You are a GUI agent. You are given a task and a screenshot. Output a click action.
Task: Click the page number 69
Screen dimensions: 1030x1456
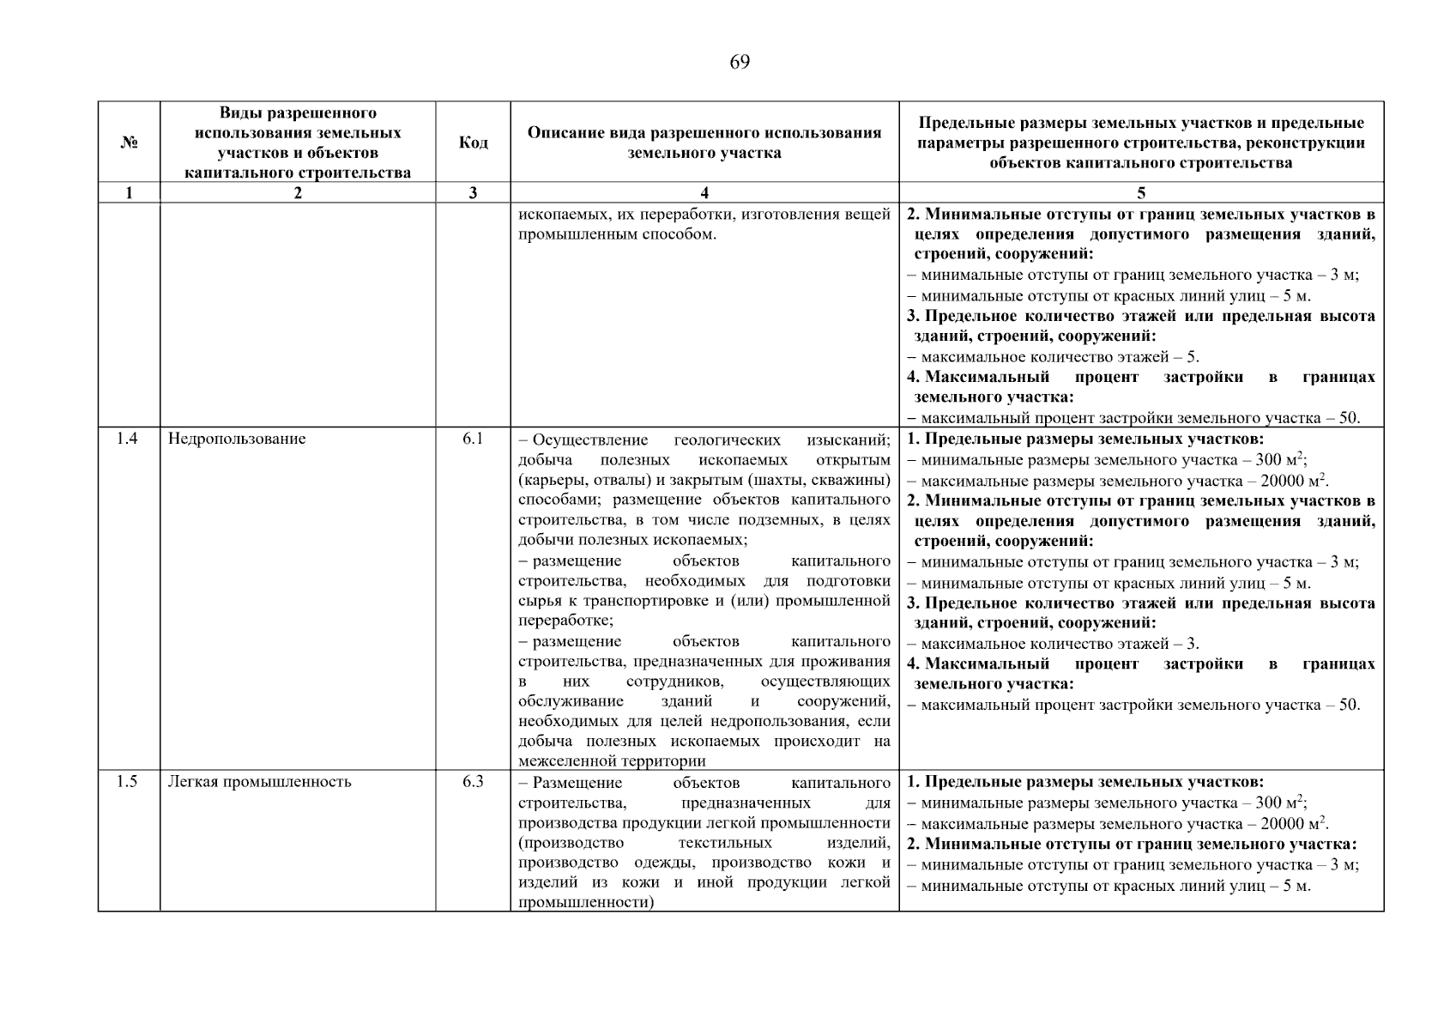click(x=739, y=63)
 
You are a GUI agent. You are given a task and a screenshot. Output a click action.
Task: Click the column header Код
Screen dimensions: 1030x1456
click(x=473, y=142)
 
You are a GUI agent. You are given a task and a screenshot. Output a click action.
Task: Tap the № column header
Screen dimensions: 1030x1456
click(x=129, y=142)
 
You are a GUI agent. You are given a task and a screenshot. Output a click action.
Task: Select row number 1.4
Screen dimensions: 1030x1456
click(x=127, y=439)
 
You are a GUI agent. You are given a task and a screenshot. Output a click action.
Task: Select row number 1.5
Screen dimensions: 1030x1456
click(x=127, y=782)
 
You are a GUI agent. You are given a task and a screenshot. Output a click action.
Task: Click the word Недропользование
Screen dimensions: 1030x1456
click(x=237, y=439)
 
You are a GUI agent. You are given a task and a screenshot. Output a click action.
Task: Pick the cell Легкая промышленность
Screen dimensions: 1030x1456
click(x=259, y=782)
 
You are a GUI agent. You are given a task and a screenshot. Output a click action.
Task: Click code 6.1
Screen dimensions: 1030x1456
click(x=473, y=439)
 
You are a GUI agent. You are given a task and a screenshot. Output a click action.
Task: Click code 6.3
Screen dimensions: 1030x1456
click(x=473, y=782)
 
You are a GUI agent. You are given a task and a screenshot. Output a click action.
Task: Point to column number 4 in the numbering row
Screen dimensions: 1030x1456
click(x=704, y=193)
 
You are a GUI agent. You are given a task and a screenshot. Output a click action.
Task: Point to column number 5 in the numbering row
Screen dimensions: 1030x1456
click(x=1140, y=193)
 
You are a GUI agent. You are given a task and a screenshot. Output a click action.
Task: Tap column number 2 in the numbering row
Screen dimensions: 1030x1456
click(x=297, y=193)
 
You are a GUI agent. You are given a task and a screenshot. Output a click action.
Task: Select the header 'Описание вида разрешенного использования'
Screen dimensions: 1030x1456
click(x=704, y=133)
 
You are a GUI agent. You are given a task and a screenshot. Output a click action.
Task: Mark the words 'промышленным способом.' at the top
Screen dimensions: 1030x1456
click(x=617, y=234)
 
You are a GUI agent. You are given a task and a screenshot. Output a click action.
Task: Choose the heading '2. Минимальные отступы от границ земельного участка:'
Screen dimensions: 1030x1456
click(x=1132, y=844)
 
